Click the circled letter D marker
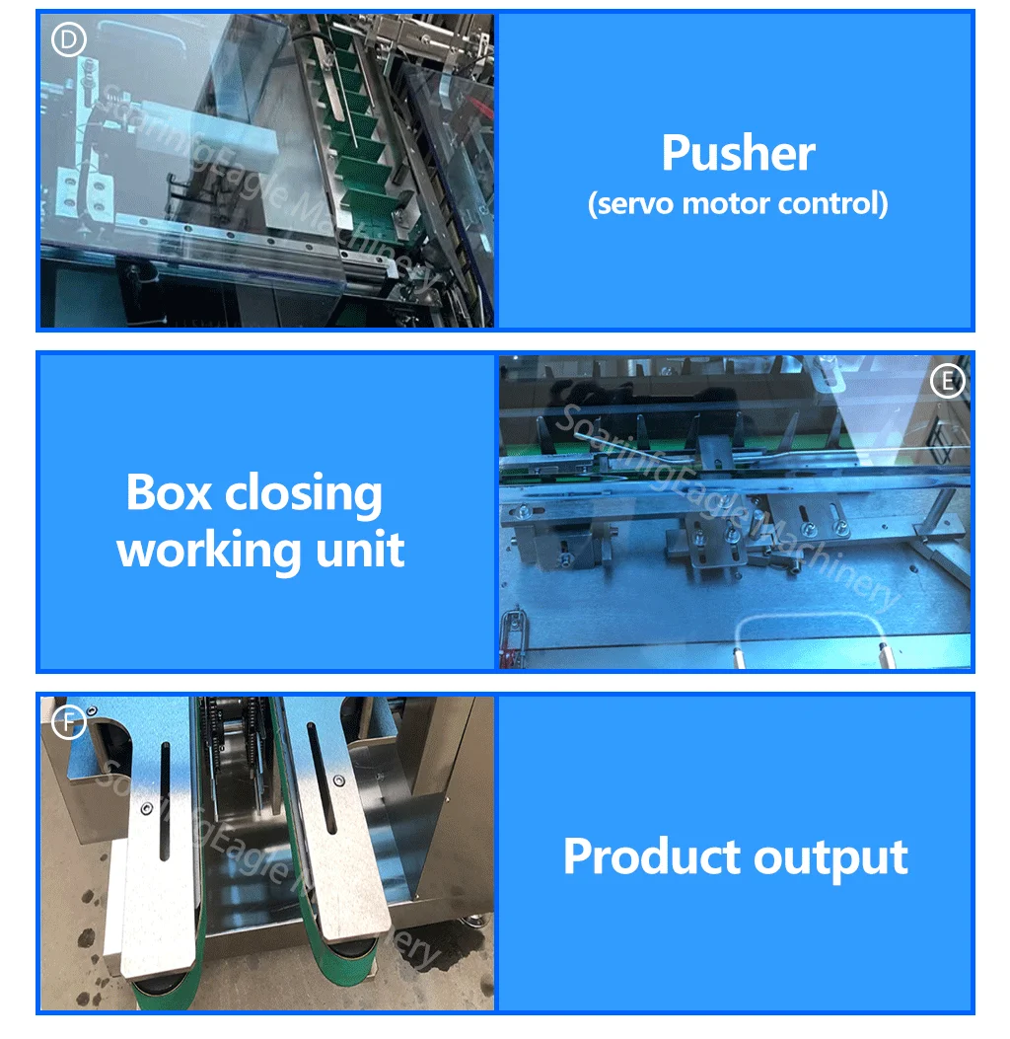(x=69, y=40)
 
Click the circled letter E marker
(x=947, y=381)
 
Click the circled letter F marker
(x=68, y=722)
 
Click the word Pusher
(x=738, y=154)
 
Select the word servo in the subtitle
(x=633, y=204)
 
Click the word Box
(x=171, y=492)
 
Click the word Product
(x=651, y=856)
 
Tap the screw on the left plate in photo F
(x=146, y=808)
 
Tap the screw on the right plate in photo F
(x=339, y=780)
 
